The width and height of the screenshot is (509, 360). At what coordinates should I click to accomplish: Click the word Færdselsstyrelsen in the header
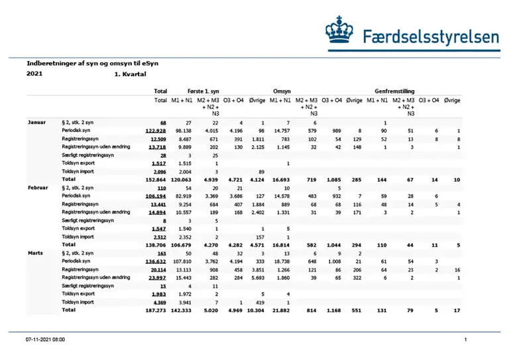point(431,36)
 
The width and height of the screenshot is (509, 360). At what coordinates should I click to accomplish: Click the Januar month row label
point(36,123)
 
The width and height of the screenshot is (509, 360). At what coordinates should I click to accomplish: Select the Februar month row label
point(38,188)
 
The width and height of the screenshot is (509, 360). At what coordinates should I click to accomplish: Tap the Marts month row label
point(36,254)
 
